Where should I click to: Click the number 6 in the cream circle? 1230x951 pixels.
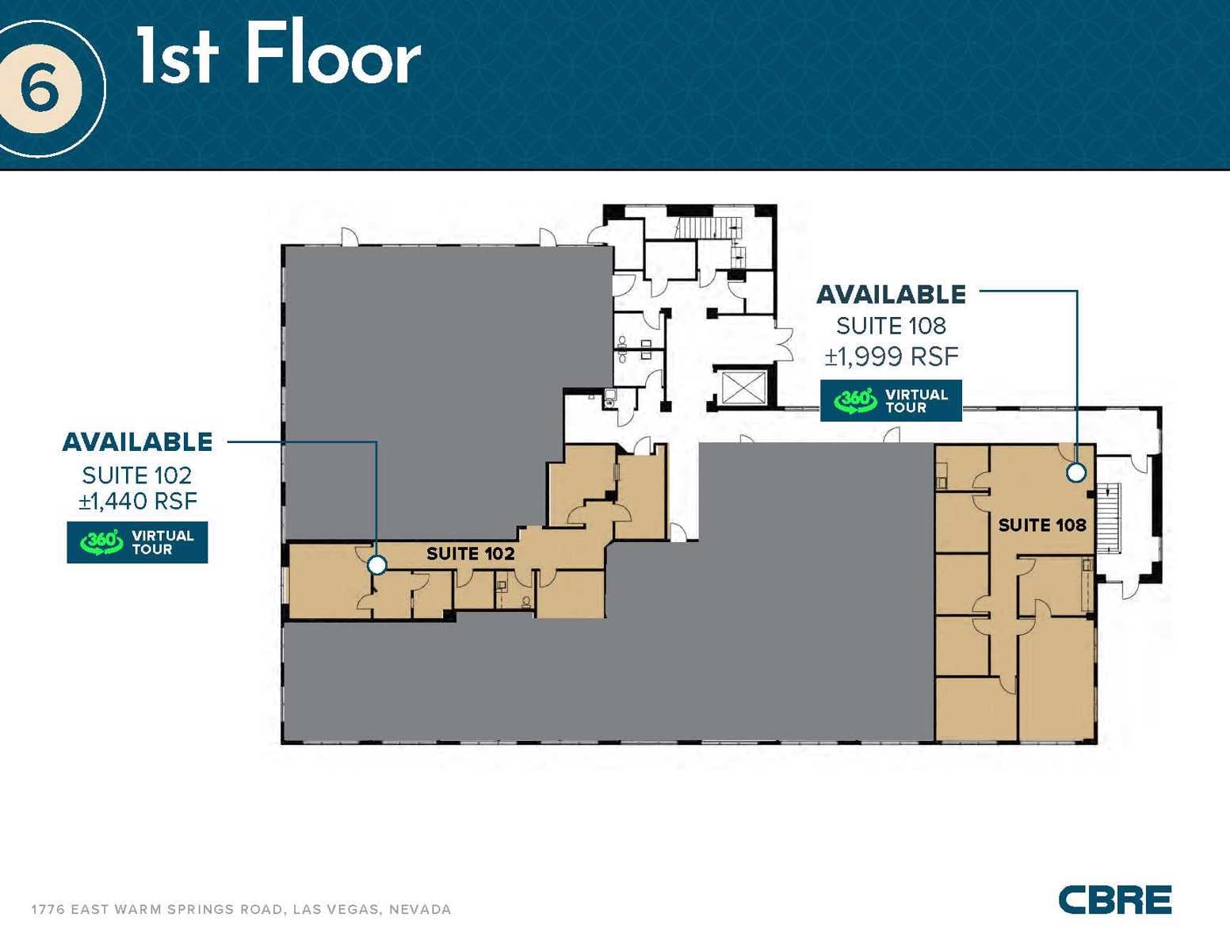click(x=40, y=88)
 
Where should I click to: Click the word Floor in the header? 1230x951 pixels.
click(x=334, y=55)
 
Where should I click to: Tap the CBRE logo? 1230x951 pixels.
click(x=1114, y=899)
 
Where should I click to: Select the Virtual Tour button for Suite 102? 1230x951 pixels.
click(x=137, y=542)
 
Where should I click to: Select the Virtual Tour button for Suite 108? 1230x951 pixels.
click(x=891, y=400)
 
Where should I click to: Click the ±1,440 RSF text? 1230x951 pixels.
click(x=138, y=501)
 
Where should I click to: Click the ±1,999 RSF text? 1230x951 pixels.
click(x=892, y=357)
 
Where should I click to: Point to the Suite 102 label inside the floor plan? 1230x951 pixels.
click(x=471, y=553)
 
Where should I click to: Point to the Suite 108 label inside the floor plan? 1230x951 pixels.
click(x=1041, y=525)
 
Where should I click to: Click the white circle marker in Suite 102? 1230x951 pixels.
click(x=377, y=565)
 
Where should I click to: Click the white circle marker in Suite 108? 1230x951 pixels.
click(x=1075, y=472)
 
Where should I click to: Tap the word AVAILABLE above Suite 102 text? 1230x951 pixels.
click(x=138, y=442)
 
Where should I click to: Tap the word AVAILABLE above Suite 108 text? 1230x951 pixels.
click(x=891, y=295)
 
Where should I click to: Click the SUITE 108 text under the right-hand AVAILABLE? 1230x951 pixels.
click(x=891, y=326)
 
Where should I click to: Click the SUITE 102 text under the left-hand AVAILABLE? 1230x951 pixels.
click(x=137, y=475)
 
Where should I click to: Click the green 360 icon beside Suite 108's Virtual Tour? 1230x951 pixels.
click(x=855, y=400)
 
